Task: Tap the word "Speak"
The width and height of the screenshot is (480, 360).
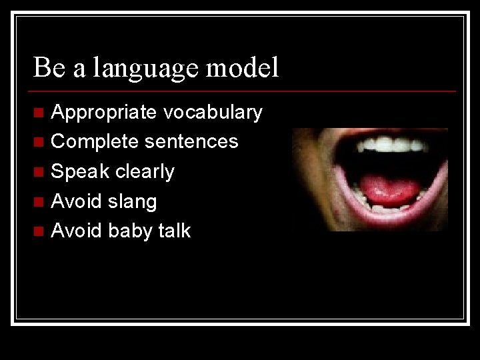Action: tap(80, 171)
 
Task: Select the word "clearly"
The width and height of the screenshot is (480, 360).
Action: tap(144, 171)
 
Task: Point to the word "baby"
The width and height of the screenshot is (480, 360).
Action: tap(130, 231)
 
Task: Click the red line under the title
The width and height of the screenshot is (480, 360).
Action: tap(244, 91)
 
